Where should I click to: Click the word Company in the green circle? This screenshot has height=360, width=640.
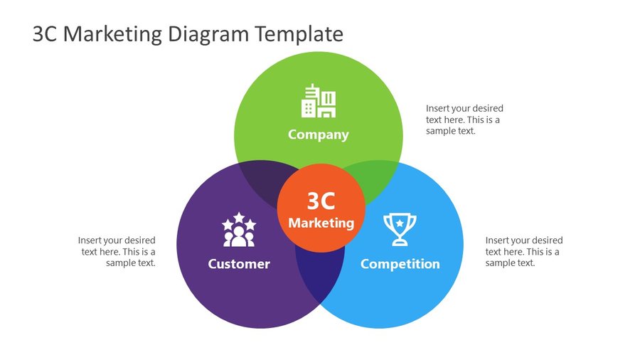[318, 134]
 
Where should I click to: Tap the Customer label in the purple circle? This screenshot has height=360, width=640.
[239, 264]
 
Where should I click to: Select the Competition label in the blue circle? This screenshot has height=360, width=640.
[400, 264]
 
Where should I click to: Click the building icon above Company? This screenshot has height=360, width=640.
[319, 101]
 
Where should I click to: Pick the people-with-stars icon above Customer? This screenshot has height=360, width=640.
[239, 230]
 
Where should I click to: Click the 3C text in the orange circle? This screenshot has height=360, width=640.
[321, 201]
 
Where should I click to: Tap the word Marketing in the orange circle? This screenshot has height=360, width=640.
[321, 223]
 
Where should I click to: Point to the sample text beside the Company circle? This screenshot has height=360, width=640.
[464, 120]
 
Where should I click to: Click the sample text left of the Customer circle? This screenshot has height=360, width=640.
[117, 251]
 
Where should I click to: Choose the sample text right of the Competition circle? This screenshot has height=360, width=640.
[524, 251]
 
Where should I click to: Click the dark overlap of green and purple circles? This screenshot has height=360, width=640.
[260, 179]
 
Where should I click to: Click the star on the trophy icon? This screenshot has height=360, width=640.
[400, 223]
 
